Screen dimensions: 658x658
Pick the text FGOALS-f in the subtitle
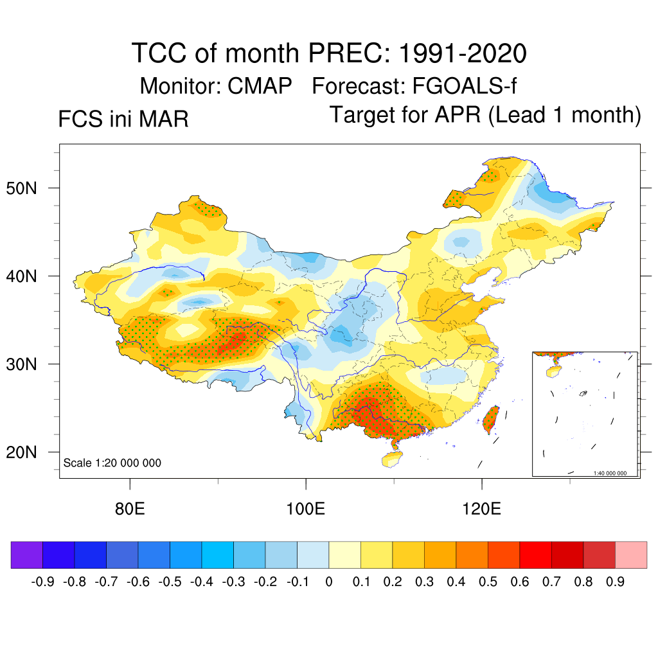click(x=461, y=85)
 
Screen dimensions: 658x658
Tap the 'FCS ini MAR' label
click(x=123, y=119)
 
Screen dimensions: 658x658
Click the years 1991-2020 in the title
click(x=463, y=53)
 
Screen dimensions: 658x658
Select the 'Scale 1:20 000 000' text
click(x=112, y=463)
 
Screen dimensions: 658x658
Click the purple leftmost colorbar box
click(x=26, y=555)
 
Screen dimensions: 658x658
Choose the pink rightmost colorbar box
click(x=631, y=555)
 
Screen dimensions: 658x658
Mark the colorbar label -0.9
click(x=42, y=582)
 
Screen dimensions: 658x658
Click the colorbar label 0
click(x=329, y=582)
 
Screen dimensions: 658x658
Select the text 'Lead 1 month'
click(x=565, y=115)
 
